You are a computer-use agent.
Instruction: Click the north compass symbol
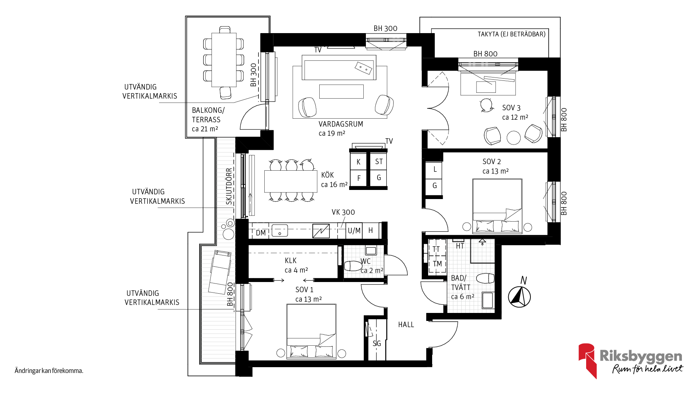[x=519, y=297]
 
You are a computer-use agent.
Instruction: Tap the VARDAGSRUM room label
[x=341, y=124]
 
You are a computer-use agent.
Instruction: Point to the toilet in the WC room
[x=352, y=266]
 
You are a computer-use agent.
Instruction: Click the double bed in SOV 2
[x=497, y=206]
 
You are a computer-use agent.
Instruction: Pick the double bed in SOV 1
[x=311, y=331]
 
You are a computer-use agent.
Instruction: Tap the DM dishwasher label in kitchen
[x=261, y=233]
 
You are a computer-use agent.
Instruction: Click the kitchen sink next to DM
[x=280, y=230]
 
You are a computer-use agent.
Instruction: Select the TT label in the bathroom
[x=436, y=249]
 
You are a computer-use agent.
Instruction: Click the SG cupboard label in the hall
[x=377, y=344]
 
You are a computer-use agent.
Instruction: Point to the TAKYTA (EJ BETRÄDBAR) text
[x=512, y=34]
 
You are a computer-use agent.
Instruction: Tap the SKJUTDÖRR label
[x=229, y=186]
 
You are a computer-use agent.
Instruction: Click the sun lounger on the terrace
[x=220, y=271]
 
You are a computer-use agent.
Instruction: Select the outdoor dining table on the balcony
[x=224, y=60]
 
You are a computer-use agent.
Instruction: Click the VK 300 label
[x=343, y=212]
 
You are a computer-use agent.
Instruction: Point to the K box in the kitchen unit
[x=359, y=162]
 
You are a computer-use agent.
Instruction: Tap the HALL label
[x=406, y=325]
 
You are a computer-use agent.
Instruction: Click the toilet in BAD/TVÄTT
[x=485, y=278]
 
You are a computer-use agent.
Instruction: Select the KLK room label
[x=291, y=261]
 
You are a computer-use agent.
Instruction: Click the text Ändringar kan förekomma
[x=49, y=371]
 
